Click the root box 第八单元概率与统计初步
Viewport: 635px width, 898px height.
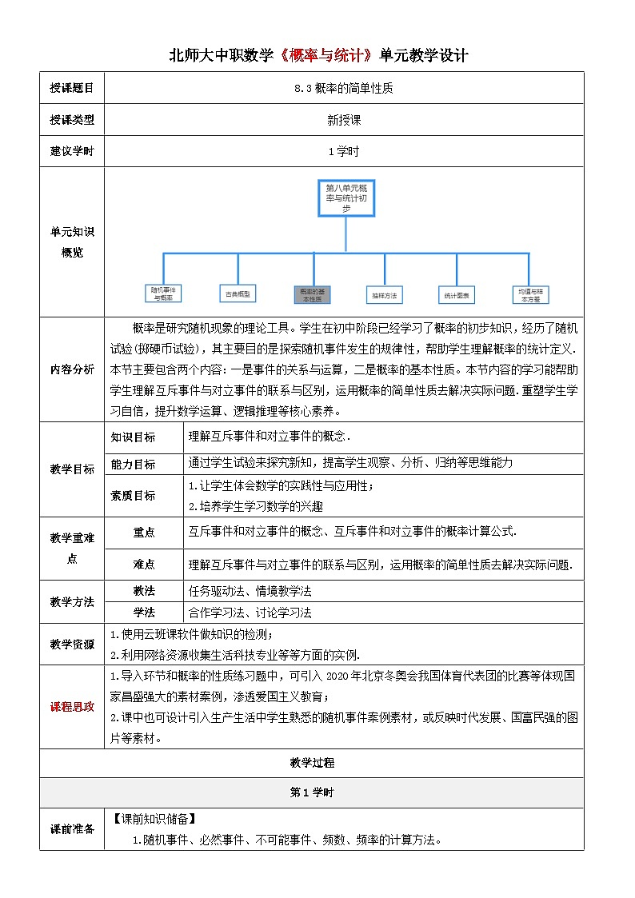346,197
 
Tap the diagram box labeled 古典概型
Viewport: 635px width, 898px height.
238,293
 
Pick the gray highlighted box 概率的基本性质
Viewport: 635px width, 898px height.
312,293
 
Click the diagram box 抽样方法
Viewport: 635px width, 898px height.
384,295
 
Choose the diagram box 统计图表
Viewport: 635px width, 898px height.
457,295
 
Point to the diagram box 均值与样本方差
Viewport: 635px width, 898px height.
530,294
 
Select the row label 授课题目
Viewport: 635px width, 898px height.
72,88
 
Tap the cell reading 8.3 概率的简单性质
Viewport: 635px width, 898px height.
344,89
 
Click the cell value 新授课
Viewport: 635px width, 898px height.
344,120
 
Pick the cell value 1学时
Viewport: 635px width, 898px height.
344,151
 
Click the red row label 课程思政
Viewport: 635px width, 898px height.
72,706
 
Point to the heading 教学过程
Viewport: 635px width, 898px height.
312,762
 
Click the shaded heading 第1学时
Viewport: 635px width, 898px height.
312,792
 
